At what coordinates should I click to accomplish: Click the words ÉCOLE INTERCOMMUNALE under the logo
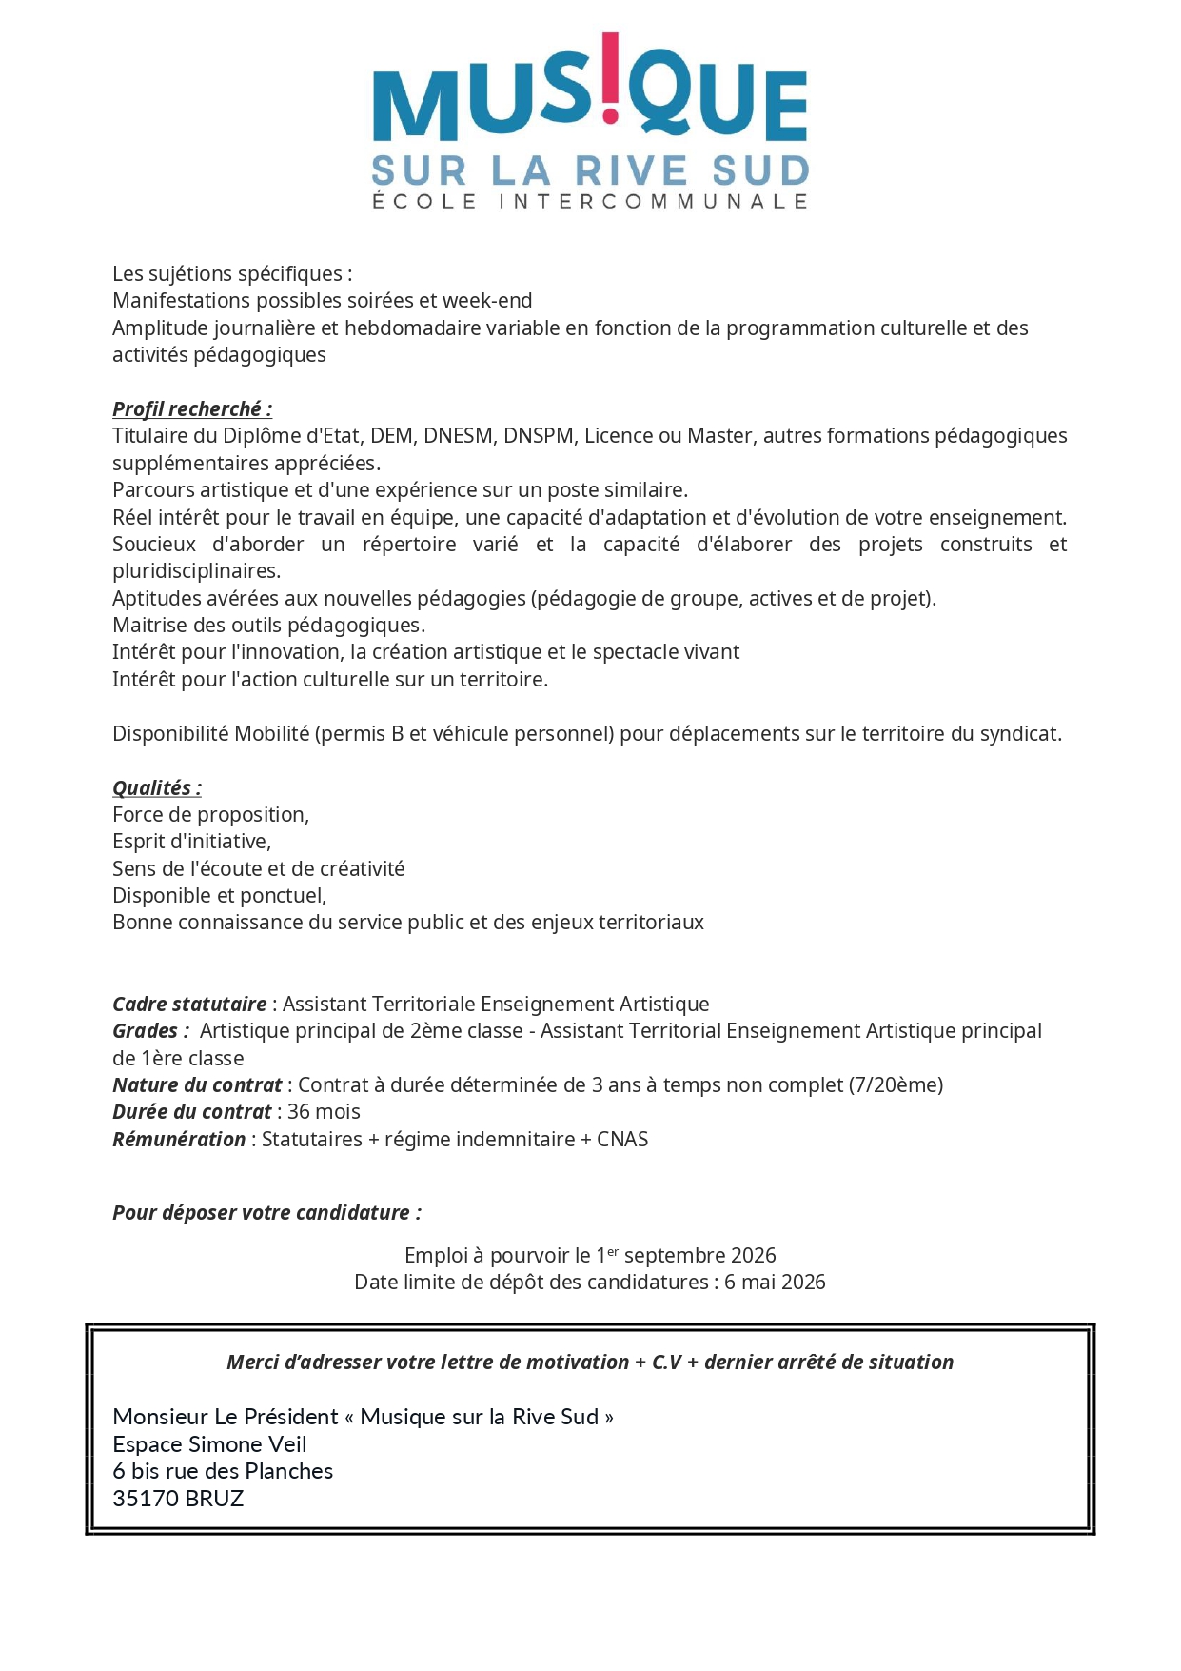point(589,202)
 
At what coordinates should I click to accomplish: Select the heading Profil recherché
point(191,409)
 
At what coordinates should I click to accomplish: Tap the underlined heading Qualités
point(156,788)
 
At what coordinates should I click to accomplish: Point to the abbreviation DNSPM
point(538,436)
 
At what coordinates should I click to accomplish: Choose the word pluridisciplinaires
point(196,571)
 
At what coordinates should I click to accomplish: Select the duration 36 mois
point(324,1112)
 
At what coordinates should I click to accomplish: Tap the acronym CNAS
point(622,1140)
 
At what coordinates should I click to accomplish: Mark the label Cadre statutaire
point(189,1005)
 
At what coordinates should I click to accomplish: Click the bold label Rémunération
point(179,1140)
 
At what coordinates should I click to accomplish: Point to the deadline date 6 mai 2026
point(775,1283)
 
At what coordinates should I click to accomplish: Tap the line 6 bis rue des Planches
point(223,1471)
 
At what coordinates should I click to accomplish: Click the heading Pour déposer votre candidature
point(266,1213)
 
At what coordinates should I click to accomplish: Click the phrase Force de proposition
point(210,815)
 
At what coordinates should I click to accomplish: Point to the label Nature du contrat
point(197,1085)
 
